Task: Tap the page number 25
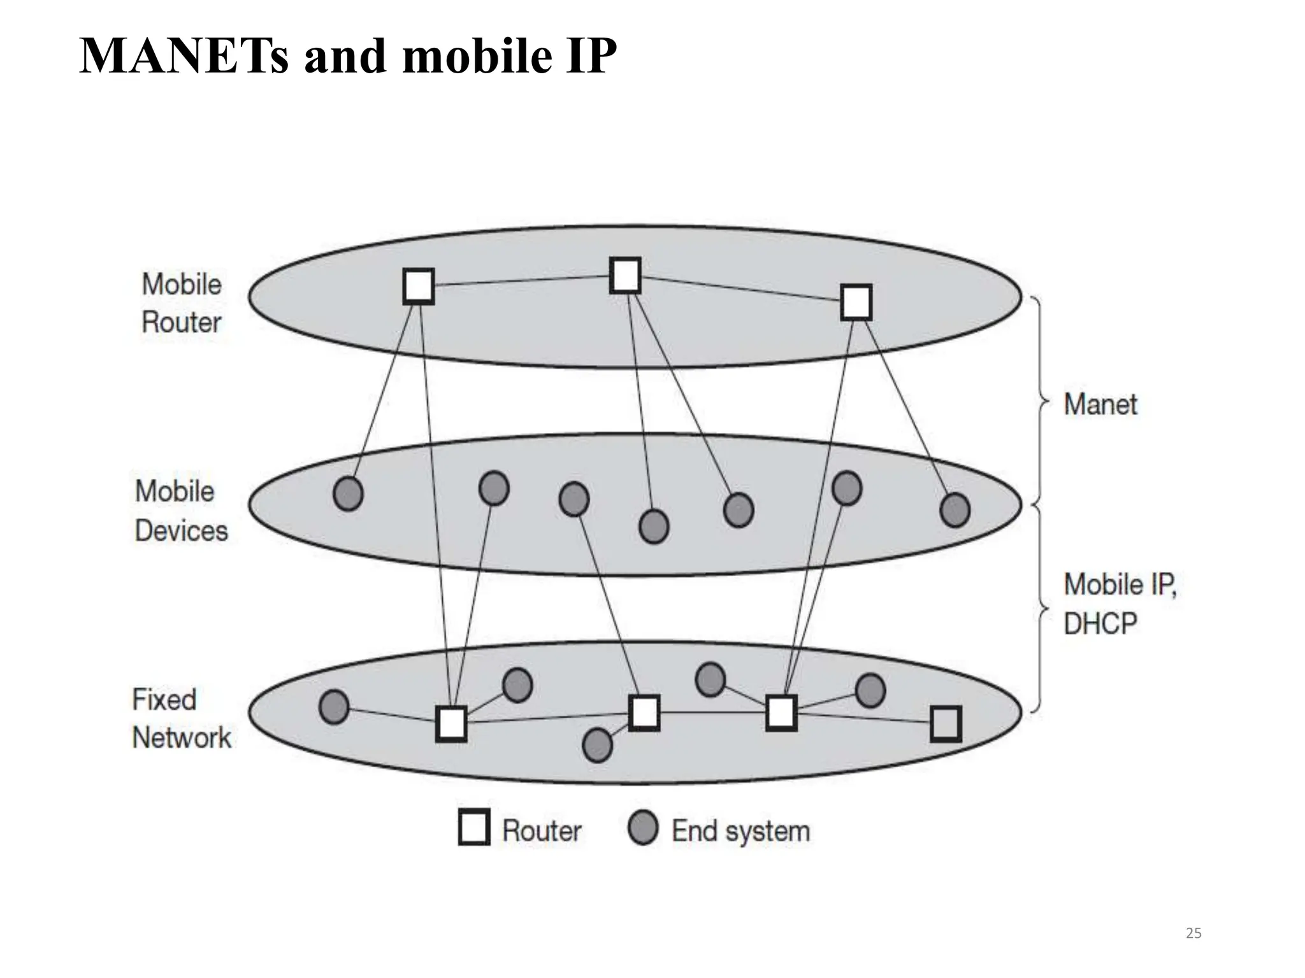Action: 1193,933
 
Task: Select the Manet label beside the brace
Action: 1100,404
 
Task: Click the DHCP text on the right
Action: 1100,623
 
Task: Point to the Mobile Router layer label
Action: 182,303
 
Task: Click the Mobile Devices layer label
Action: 181,511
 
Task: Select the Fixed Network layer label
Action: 182,719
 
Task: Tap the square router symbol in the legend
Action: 474,827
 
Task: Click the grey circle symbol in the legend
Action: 642,828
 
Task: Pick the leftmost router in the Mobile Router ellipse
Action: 419,286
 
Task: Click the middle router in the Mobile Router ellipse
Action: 625,275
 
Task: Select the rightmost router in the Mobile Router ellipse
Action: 856,302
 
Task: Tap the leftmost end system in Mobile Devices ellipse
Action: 348,493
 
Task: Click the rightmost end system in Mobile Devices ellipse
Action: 955,510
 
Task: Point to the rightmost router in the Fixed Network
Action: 946,723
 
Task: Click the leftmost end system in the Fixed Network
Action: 334,707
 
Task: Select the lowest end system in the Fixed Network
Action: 597,745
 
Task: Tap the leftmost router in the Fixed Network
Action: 451,723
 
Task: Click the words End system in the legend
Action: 740,831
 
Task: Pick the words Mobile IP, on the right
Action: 1120,585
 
